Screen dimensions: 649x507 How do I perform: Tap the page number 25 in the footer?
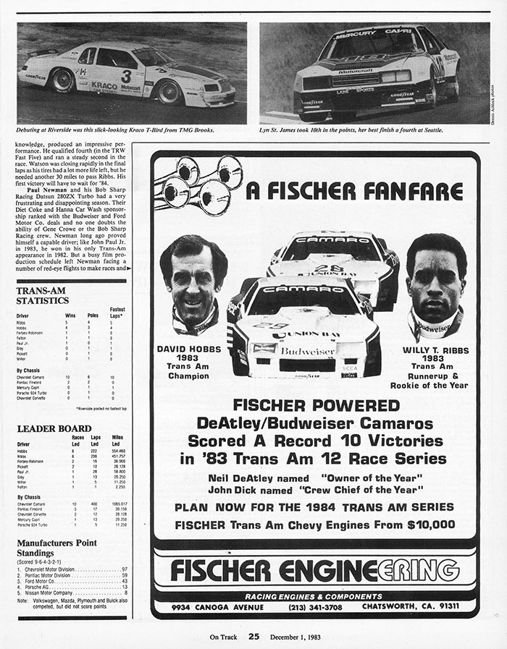253,637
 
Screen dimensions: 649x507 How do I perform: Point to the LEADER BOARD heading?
54,428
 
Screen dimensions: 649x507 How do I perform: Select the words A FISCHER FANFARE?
354,192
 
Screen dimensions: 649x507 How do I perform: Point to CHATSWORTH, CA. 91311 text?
421,606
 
